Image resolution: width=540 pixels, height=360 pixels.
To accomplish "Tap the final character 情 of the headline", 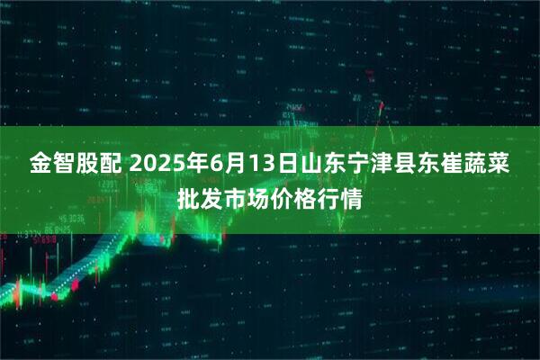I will click(355, 197).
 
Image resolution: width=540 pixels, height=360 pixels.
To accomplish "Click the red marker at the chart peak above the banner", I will click(381, 106).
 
